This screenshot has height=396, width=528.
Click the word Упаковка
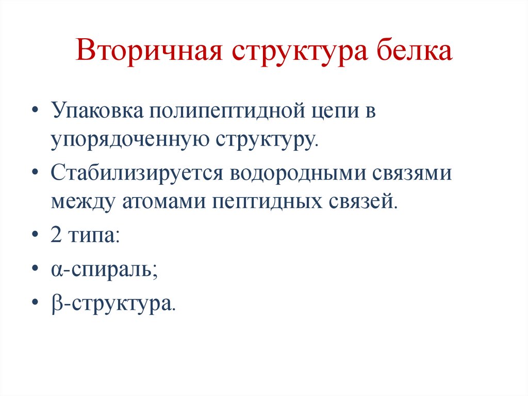[97, 112]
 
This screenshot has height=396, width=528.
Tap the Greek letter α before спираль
[56, 269]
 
